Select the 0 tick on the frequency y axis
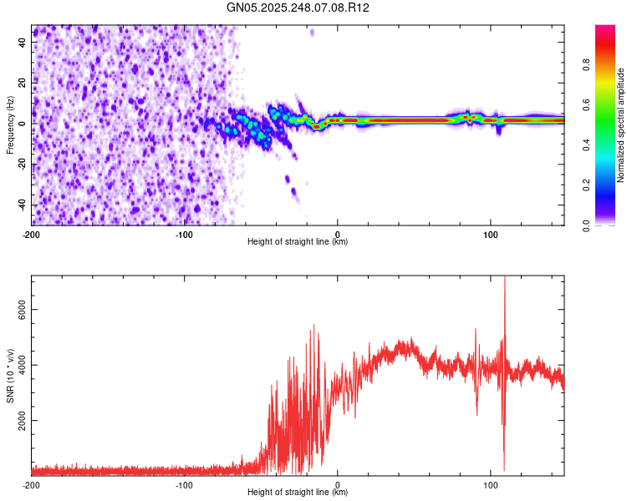click(27, 123)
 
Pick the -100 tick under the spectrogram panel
click(185, 233)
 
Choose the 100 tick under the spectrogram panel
click(490, 233)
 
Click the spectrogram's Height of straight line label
click(298, 242)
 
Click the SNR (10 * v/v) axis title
click(10, 376)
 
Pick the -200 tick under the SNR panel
click(32, 484)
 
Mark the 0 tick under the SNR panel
click(338, 484)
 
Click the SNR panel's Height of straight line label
click(298, 493)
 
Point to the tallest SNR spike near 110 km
click(504, 281)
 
